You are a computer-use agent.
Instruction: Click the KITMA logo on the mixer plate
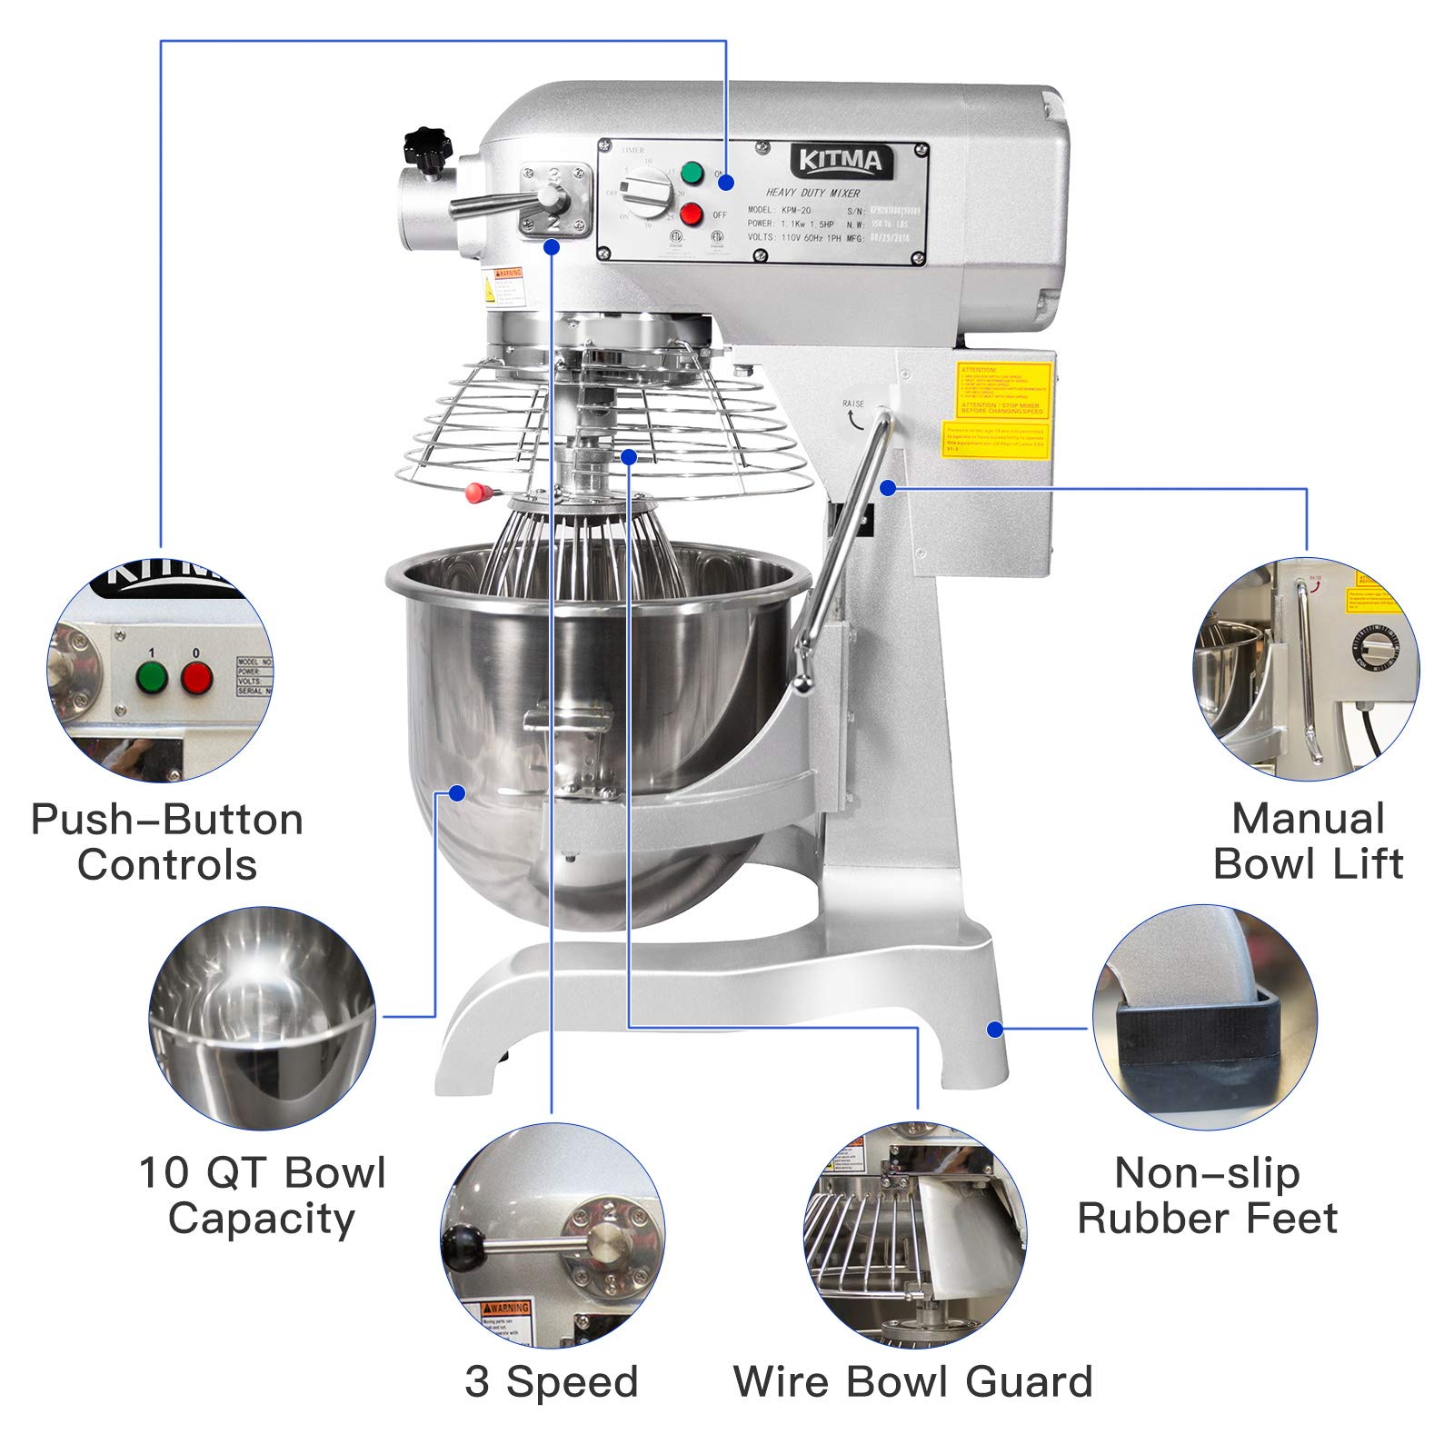click(x=840, y=162)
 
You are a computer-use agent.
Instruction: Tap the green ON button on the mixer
click(x=693, y=173)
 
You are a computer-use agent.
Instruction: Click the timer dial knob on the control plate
click(x=648, y=193)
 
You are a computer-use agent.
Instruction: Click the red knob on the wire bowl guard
click(x=475, y=493)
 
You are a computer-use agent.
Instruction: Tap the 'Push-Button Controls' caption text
click(x=167, y=842)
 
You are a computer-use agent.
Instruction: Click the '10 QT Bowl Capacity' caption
click(x=262, y=1194)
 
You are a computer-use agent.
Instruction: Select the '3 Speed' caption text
click(x=552, y=1381)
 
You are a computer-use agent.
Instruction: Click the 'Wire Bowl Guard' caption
click(x=912, y=1381)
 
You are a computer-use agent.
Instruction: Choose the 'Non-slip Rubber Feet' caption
click(x=1207, y=1195)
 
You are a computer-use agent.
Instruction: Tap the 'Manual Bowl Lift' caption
click(x=1308, y=841)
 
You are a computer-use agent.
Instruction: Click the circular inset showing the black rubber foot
click(x=1204, y=1018)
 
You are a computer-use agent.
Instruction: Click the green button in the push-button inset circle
click(x=152, y=677)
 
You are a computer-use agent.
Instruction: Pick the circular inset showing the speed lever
click(x=553, y=1236)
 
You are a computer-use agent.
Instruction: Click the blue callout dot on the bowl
click(x=457, y=793)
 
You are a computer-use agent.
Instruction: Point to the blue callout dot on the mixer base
click(x=995, y=1029)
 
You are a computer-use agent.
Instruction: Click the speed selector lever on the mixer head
click(x=509, y=202)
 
